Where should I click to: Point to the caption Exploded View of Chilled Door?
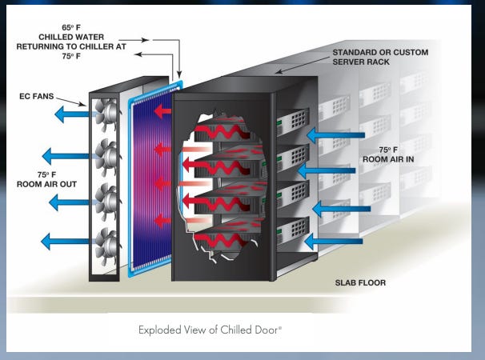tap(212, 329)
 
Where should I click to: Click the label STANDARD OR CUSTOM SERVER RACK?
tap(380, 58)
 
